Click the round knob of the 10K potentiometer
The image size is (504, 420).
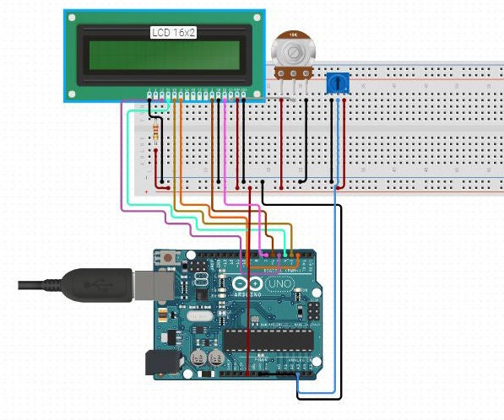293,53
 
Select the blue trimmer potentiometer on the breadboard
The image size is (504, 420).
338,83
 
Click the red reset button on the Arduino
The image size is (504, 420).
170,257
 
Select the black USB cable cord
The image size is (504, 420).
38,285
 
